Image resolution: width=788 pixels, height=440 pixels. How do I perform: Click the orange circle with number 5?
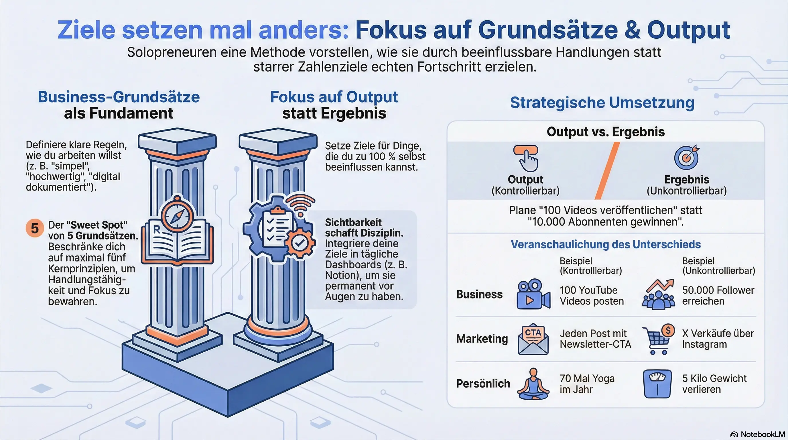point(35,228)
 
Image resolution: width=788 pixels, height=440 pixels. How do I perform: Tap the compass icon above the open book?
point(177,215)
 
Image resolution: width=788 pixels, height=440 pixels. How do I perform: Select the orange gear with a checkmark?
point(300,243)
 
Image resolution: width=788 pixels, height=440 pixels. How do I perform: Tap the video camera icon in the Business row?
point(533,294)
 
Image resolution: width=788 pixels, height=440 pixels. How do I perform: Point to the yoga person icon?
point(533,384)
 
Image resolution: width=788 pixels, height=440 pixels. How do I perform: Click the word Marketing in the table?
point(482,339)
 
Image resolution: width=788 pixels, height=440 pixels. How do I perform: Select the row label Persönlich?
point(483,384)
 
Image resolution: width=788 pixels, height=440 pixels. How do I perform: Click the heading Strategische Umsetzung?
point(602,103)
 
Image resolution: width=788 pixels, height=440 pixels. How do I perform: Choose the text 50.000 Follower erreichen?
point(718,296)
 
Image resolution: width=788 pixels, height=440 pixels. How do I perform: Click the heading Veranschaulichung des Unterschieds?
point(606,244)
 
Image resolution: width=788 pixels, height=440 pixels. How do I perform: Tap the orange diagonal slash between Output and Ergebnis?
point(608,171)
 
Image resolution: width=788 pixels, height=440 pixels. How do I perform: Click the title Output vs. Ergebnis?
point(606,132)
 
